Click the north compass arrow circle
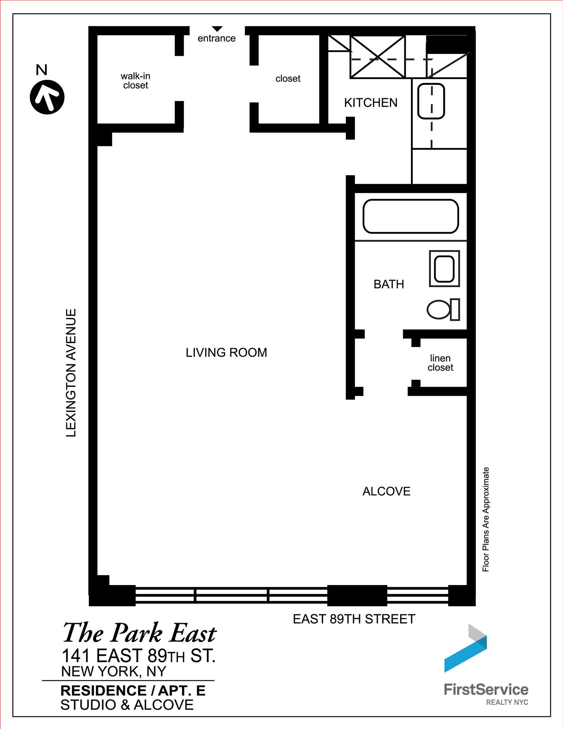[47, 97]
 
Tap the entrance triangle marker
[217, 29]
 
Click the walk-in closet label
[136, 81]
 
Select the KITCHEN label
[371, 103]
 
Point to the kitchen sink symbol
[431, 101]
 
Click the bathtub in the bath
[410, 216]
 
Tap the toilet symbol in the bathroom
[443, 309]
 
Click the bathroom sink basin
[444, 269]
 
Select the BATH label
[389, 284]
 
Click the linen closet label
[440, 363]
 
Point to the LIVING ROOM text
[226, 353]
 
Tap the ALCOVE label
[386, 491]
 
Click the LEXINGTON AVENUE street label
[71, 373]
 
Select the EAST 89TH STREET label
[354, 619]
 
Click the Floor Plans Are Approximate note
[486, 519]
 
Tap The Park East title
[139, 633]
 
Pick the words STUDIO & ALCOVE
[127, 705]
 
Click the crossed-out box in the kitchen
[377, 57]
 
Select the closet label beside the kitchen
[288, 79]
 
